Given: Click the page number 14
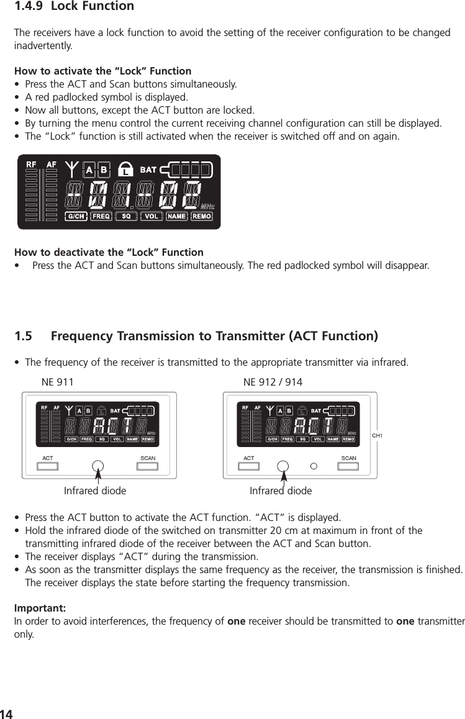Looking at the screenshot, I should point(6,713).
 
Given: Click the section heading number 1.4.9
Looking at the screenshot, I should point(30,7).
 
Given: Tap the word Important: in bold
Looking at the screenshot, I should point(40,607).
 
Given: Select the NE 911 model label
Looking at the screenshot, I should point(57,382).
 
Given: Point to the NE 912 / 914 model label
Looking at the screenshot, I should point(273,382).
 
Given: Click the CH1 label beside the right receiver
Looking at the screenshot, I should point(376,436).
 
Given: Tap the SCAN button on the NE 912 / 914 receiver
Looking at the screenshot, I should point(349,466).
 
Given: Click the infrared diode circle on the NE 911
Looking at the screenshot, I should point(98,466).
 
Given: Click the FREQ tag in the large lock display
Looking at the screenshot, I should point(101,217).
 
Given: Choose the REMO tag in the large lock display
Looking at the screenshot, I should point(202,217).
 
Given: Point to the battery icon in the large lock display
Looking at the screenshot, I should point(186,169).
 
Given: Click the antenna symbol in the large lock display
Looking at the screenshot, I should point(72,168).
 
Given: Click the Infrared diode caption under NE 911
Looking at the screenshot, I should point(95,491).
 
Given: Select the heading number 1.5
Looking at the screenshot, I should point(24,337).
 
